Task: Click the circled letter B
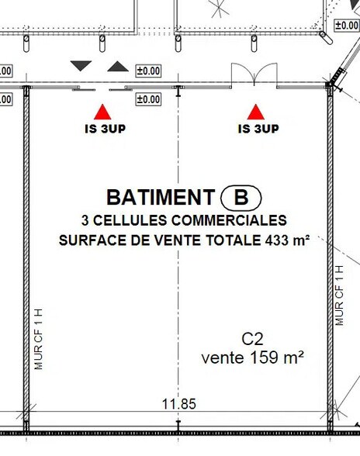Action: tap(241, 198)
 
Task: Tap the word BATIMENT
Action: tap(160, 198)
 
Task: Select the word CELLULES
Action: tap(122, 220)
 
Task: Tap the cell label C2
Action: tap(253, 339)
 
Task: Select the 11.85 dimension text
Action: tap(178, 404)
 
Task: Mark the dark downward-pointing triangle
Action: tap(81, 66)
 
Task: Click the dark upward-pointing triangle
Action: tap(117, 66)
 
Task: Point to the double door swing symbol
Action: tap(254, 75)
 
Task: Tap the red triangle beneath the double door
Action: tap(255, 112)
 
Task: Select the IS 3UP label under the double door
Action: tap(258, 129)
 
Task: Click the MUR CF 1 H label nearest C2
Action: tap(338, 295)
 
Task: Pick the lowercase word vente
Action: tap(222, 358)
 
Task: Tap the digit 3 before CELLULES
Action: tap(85, 220)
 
